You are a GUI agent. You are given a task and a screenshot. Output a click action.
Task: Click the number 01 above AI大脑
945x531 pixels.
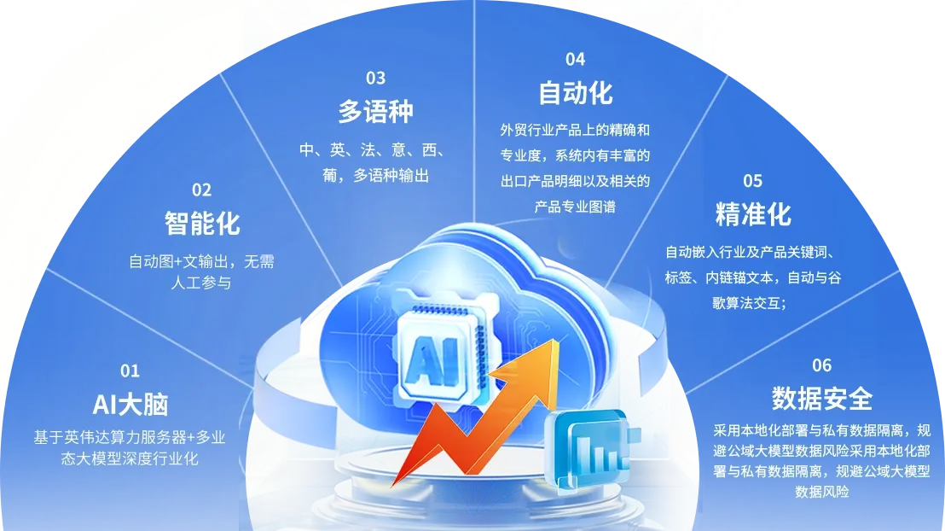(x=130, y=371)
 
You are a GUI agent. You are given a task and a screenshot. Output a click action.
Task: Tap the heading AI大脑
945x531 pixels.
(x=130, y=405)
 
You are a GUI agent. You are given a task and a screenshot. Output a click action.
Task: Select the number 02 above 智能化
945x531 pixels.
(x=201, y=190)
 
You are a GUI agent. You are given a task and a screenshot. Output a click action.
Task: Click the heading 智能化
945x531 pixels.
(x=202, y=224)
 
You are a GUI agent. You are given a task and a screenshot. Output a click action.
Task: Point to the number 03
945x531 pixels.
(x=375, y=78)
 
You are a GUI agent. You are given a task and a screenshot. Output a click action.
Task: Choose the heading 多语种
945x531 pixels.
(x=375, y=111)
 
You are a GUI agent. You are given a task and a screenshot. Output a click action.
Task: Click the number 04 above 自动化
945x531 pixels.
(x=575, y=59)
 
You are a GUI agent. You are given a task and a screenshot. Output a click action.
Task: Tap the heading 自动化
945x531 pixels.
(x=575, y=93)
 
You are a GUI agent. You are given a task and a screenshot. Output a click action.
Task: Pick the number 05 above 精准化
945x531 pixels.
(x=753, y=180)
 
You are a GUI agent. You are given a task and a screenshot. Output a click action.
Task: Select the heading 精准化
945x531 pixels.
(x=753, y=214)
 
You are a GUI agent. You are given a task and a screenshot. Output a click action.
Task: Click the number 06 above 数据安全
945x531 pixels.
(x=821, y=365)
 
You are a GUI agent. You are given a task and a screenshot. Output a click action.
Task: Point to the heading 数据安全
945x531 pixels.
(x=822, y=398)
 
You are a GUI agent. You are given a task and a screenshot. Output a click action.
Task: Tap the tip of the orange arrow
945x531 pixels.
(x=558, y=341)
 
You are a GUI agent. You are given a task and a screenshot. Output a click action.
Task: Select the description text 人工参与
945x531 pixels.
(x=201, y=283)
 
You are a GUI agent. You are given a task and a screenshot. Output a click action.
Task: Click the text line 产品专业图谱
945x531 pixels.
(x=575, y=207)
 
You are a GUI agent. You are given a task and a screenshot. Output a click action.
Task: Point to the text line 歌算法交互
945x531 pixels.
(x=749, y=303)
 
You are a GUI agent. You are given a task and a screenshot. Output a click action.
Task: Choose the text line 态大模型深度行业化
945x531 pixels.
(x=130, y=458)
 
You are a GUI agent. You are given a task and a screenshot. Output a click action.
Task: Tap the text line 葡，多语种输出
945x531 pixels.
(x=375, y=176)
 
